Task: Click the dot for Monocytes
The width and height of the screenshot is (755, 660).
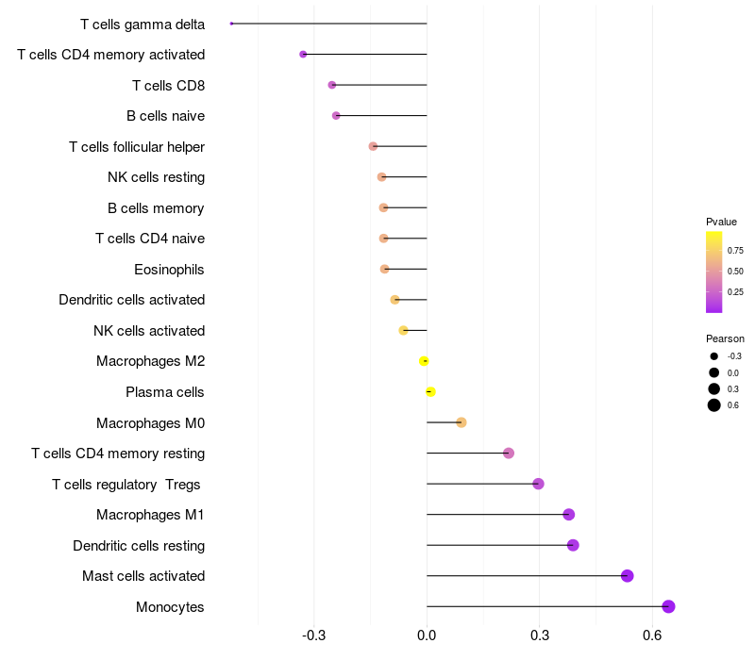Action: pos(668,606)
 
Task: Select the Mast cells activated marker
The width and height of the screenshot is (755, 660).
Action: pos(627,576)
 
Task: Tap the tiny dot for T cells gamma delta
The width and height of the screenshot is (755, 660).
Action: pos(231,24)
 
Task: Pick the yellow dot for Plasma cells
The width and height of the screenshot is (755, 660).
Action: pos(430,391)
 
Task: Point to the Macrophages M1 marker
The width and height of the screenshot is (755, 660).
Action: pos(568,514)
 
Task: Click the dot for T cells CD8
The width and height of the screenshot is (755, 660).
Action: pos(331,85)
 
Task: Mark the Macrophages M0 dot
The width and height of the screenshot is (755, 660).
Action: pos(461,422)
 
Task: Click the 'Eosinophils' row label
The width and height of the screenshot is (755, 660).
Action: pos(169,270)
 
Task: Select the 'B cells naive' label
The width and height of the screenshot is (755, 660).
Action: pos(165,116)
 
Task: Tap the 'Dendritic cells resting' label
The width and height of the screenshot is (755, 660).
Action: pos(139,546)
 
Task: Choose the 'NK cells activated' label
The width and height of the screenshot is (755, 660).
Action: pos(149,331)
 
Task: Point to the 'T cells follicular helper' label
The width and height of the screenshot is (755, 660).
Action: pos(137,147)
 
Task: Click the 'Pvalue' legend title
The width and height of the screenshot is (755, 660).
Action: pos(721,222)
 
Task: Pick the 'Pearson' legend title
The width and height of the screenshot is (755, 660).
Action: pos(725,338)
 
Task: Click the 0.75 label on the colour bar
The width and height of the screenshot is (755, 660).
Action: pos(735,251)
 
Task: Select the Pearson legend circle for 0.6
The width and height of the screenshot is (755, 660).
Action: pos(714,405)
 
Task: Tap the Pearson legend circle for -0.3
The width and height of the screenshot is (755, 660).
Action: pos(714,356)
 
